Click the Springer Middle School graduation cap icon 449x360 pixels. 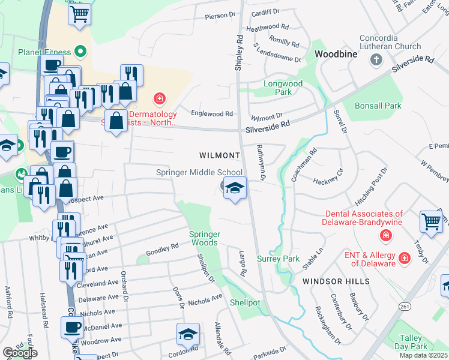tap(235, 188)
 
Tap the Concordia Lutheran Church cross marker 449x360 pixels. tap(376, 59)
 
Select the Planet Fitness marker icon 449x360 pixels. tap(79, 52)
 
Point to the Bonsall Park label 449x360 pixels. tap(378, 106)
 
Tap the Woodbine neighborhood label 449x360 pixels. tap(336, 54)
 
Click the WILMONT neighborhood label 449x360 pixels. tap(220, 155)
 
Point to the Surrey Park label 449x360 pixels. tap(278, 259)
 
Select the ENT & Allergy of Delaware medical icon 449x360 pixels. tap(405, 258)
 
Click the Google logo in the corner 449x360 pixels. tap(20, 353)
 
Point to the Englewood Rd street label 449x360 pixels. tap(211, 113)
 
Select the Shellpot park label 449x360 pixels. tap(245, 302)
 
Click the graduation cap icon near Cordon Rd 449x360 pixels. tap(188, 334)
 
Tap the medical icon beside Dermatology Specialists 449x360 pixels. tap(159, 98)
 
